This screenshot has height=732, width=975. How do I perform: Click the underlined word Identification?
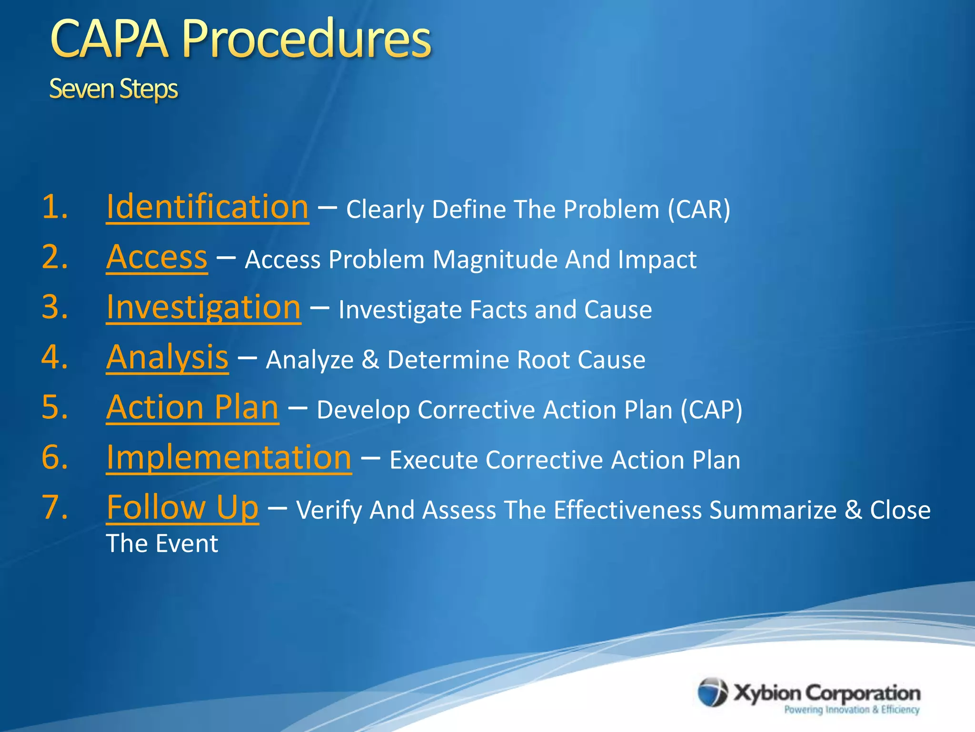pyautogui.click(x=207, y=207)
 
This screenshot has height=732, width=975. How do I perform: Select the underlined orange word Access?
pyautogui.click(x=157, y=257)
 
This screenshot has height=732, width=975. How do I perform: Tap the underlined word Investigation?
pyautogui.click(x=203, y=307)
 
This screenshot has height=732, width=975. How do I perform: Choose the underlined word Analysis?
pyautogui.click(x=167, y=357)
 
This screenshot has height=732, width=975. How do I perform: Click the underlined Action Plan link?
pyautogui.click(x=192, y=407)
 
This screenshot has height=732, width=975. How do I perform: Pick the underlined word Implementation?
pyautogui.click(x=229, y=457)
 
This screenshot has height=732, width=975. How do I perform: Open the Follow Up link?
pyautogui.click(x=182, y=508)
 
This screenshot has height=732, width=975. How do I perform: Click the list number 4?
pyautogui.click(x=54, y=357)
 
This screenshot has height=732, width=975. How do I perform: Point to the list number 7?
pyautogui.click(x=54, y=508)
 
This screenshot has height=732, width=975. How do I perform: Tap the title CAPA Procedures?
pyautogui.click(x=240, y=39)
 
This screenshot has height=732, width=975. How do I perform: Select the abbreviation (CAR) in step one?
pyautogui.click(x=698, y=210)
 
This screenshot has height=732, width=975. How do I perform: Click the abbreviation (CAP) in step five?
pyautogui.click(x=711, y=410)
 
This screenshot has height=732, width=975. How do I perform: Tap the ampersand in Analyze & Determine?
pyautogui.click(x=370, y=360)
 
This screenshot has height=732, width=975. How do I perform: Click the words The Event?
pyautogui.click(x=162, y=544)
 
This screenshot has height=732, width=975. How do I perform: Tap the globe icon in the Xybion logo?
pyautogui.click(x=712, y=692)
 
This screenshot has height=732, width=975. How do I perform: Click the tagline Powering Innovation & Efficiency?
pyautogui.click(x=851, y=710)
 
